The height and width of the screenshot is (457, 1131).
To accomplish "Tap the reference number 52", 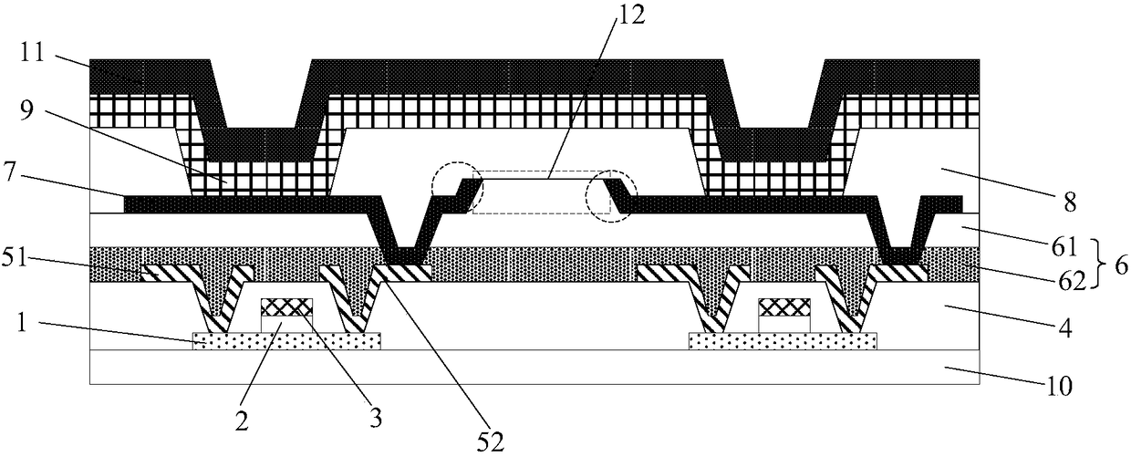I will [x=492, y=441].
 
